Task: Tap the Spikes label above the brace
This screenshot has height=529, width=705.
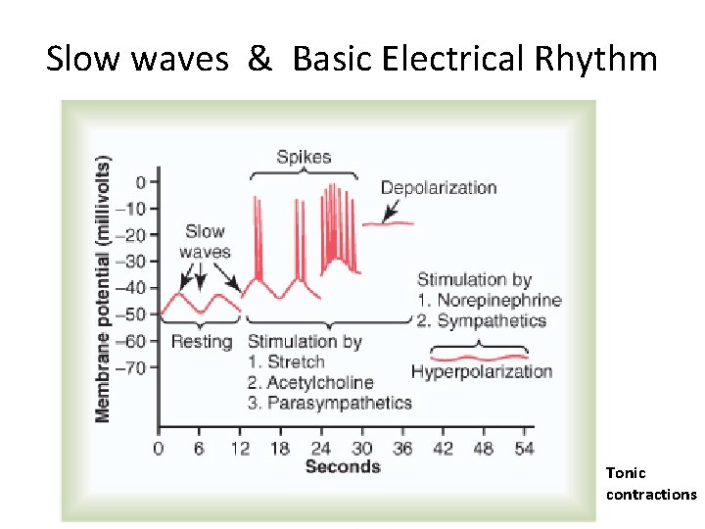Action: [x=304, y=156]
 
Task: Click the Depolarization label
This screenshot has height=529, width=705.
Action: [x=438, y=187]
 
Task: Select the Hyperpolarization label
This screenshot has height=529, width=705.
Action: [x=482, y=371]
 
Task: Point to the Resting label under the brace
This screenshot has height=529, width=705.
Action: [x=201, y=342]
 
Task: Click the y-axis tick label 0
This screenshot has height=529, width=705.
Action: [x=141, y=181]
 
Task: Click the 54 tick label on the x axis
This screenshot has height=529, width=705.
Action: [x=524, y=449]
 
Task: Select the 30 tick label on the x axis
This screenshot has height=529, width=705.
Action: [x=361, y=449]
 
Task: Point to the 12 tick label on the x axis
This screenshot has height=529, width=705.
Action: [x=239, y=449]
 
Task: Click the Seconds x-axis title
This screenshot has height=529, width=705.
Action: [x=342, y=466]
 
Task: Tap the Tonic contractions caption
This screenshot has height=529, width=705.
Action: [x=650, y=484]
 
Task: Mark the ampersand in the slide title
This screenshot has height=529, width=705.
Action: [x=259, y=60]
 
